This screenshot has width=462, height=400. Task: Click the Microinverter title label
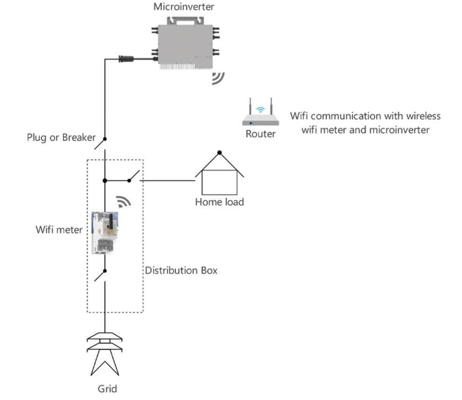(183, 7)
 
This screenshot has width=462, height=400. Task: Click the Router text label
(260, 134)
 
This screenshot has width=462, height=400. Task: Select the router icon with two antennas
(260, 112)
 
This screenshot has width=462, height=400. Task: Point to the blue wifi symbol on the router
(260, 110)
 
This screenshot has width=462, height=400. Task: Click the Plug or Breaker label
(61, 138)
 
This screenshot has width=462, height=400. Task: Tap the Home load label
(219, 202)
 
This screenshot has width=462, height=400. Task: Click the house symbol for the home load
(219, 173)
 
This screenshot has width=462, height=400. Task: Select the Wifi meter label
(59, 229)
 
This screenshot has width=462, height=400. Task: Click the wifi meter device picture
(105, 233)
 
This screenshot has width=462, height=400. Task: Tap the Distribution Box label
(181, 270)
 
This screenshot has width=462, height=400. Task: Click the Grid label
(107, 389)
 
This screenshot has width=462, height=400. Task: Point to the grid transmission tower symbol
(105, 354)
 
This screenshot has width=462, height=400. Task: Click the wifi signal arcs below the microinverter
(218, 78)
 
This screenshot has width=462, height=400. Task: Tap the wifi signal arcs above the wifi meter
(123, 201)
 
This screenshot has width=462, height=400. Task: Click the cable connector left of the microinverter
(126, 59)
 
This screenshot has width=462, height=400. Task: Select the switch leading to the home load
(134, 176)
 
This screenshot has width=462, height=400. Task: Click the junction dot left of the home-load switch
(105, 180)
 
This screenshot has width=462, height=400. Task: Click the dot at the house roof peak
(219, 152)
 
